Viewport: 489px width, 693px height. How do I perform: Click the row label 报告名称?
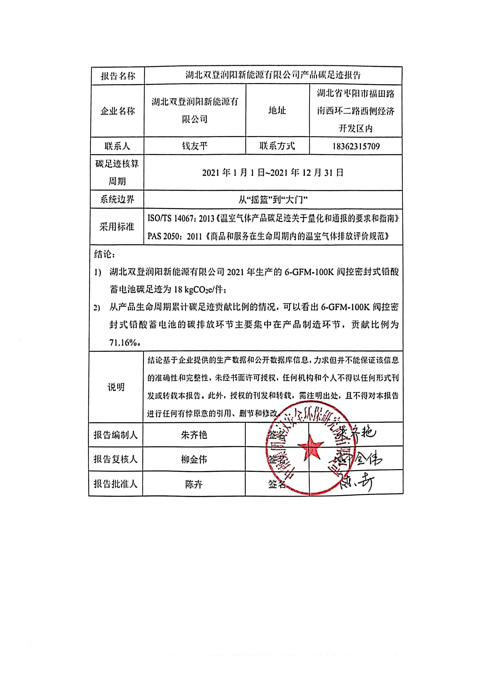118,76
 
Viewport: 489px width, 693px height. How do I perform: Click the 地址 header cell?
277,111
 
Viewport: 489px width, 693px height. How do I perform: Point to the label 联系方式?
277,146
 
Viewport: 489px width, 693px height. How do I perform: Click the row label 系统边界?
117,199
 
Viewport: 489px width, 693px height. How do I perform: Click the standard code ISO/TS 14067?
170,218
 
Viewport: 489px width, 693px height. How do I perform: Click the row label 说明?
116,387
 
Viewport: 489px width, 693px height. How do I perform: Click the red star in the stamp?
310,446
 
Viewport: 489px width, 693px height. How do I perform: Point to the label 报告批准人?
115,484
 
